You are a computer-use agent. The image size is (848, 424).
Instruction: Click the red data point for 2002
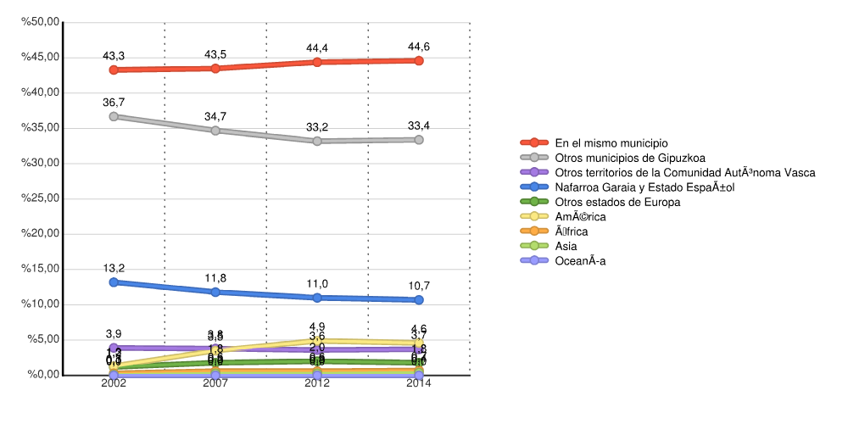114,70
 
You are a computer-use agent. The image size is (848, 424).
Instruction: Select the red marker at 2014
419,61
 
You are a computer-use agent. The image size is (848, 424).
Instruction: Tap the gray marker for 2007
215,131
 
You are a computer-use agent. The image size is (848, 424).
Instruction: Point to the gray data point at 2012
317,141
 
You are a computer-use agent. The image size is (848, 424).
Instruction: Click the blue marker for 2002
114,282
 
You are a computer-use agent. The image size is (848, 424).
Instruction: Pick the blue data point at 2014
419,299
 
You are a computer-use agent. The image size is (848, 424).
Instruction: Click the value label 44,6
419,47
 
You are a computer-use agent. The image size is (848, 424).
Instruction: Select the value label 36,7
114,103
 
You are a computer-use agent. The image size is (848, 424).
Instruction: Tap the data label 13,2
114,269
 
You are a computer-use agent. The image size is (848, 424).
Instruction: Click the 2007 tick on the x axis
215,383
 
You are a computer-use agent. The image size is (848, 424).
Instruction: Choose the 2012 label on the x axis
317,383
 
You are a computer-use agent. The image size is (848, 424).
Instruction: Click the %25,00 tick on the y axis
39,198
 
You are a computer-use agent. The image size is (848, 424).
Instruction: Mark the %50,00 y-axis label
39,22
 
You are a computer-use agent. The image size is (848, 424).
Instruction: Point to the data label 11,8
215,279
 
